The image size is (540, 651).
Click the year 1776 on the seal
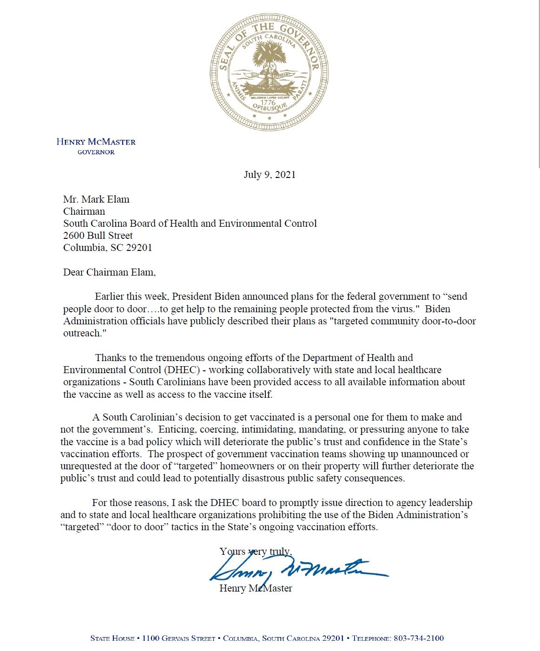point(268,103)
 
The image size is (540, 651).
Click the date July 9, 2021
point(270,175)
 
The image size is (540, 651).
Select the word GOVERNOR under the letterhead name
point(96,152)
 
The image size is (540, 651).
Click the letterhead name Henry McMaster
point(96,142)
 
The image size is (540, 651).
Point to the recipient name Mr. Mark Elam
point(96,199)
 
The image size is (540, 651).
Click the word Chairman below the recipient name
point(84,211)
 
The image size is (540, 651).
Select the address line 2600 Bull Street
point(98,236)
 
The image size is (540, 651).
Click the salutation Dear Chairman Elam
point(109,272)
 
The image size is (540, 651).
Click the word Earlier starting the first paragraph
point(111,296)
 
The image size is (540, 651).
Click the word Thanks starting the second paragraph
point(110,358)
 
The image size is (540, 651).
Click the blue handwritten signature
point(297,569)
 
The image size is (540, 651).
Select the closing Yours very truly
point(256,552)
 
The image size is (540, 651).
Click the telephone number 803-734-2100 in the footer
point(418,638)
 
